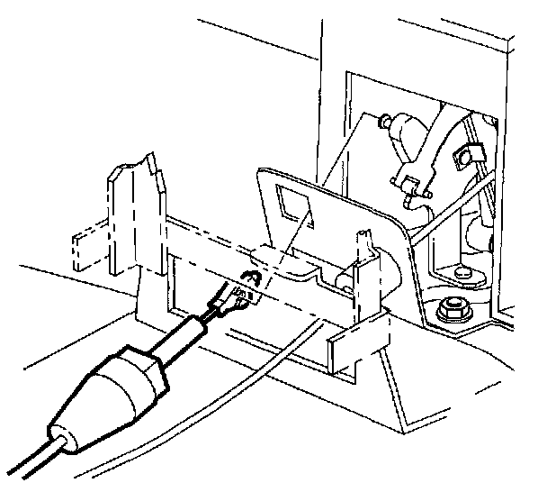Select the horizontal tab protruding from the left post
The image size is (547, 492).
coord(89,249)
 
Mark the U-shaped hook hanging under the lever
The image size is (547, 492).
coord(412,187)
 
